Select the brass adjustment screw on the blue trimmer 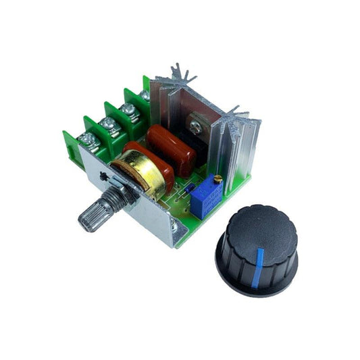coord(217,179)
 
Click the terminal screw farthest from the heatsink coord(86,140)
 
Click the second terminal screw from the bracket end coord(107,124)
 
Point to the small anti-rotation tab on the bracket coord(102,177)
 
